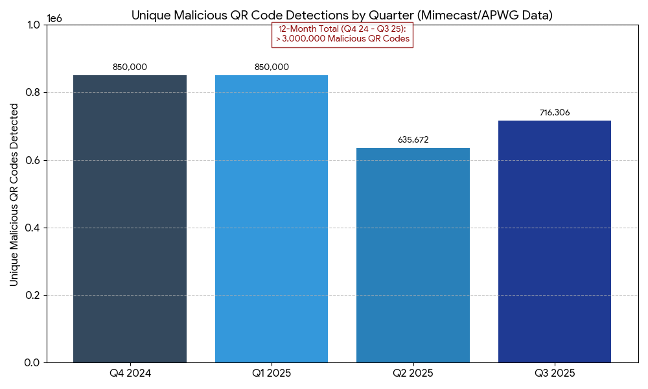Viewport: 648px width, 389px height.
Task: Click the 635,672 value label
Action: click(x=413, y=139)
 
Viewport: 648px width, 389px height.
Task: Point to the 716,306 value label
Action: click(x=555, y=113)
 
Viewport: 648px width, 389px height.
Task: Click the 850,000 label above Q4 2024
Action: click(x=130, y=67)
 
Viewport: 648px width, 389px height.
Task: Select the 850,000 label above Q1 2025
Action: click(x=272, y=67)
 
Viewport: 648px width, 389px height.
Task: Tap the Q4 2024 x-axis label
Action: click(x=130, y=373)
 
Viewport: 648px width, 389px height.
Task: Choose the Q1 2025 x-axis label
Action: click(x=272, y=373)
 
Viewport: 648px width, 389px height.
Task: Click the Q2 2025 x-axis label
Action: click(x=413, y=373)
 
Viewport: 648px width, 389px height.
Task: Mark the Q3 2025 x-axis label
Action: click(x=555, y=373)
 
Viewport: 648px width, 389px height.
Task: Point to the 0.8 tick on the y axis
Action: click(x=32, y=93)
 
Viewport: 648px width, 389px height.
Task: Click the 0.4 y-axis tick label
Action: click(x=32, y=228)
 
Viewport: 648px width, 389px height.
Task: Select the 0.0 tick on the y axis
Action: click(x=32, y=362)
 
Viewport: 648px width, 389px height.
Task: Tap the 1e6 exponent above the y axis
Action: click(x=55, y=18)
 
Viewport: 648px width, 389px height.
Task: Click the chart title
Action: click(x=341, y=15)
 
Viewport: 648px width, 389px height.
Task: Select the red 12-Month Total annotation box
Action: click(x=341, y=34)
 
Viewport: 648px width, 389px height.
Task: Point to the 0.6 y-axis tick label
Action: click(x=32, y=160)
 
